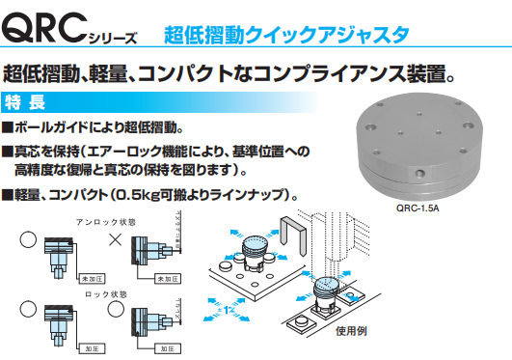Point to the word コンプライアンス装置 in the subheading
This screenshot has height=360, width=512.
(366, 72)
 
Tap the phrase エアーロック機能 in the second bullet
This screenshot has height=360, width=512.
(141, 152)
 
